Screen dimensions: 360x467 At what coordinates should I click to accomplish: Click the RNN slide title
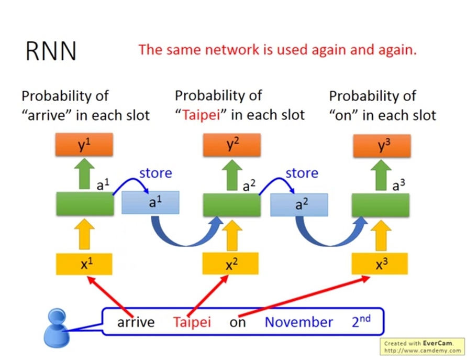[51, 51]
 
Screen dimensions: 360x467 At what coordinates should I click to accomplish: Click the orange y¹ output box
[84, 144]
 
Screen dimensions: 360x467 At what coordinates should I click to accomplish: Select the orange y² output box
[231, 144]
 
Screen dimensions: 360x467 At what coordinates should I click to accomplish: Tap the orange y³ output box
[381, 145]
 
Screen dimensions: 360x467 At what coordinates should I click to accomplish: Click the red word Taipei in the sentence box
[192, 322]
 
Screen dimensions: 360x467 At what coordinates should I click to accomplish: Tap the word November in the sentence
[298, 322]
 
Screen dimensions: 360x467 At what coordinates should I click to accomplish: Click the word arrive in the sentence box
[136, 322]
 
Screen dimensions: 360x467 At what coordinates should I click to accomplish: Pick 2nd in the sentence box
[361, 321]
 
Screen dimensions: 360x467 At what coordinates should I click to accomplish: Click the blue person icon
[56, 329]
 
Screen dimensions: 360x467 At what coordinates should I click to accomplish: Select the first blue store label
[155, 173]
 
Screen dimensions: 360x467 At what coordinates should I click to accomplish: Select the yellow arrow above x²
[230, 235]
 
